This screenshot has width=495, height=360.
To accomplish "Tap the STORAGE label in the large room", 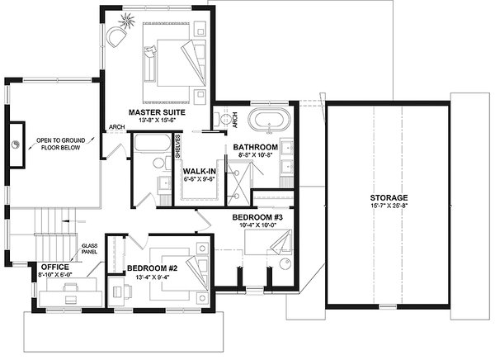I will [x=389, y=198].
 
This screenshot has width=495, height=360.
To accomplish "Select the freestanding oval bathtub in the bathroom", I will [x=271, y=122].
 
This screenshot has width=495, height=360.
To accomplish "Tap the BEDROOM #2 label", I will [x=153, y=269].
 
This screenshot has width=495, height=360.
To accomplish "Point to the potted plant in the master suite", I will [x=130, y=18].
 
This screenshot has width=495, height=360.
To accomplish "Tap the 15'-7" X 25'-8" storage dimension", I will [x=389, y=208].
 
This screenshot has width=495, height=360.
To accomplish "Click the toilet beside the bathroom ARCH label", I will [x=222, y=121].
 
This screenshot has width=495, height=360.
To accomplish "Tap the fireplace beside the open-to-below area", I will [x=16, y=145].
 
